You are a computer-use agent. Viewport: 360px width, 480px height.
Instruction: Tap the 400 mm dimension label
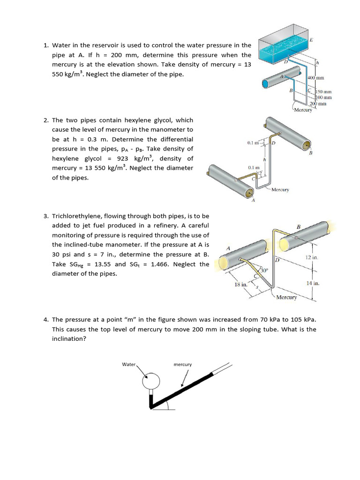tap(316, 78)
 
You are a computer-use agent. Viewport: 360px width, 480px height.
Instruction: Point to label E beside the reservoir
tap(311, 41)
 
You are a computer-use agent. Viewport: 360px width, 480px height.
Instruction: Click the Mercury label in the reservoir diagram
tap(302, 110)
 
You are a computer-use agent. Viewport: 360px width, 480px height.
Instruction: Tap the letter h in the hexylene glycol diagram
tap(264, 159)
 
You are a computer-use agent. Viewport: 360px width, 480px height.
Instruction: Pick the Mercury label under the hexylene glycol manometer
tap(280, 190)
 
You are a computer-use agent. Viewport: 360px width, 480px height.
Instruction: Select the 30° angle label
tap(264, 270)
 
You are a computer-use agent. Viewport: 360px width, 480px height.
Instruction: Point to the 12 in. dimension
tap(312, 258)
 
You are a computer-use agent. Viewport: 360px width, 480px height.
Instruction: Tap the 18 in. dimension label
tap(240, 285)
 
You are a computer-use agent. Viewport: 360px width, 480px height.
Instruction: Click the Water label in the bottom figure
tap(128, 364)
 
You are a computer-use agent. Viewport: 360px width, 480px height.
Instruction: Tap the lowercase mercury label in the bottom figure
tap(182, 364)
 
